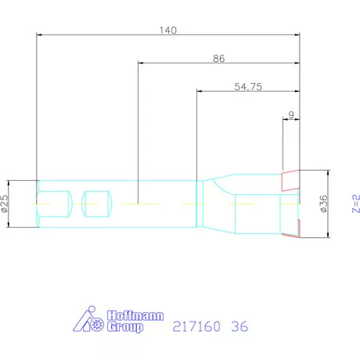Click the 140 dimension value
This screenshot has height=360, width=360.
pyautogui.click(x=168, y=30)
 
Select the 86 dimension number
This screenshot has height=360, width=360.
pyautogui.click(x=218, y=59)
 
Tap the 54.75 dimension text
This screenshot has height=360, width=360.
pyautogui.click(x=247, y=87)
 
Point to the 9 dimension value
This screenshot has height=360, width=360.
pyautogui.click(x=291, y=115)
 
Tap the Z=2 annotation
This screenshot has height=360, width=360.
pyautogui.click(x=355, y=204)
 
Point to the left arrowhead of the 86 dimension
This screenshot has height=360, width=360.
pyautogui.click(x=141, y=63)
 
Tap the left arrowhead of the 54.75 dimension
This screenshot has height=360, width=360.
pyautogui.click(x=199, y=92)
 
